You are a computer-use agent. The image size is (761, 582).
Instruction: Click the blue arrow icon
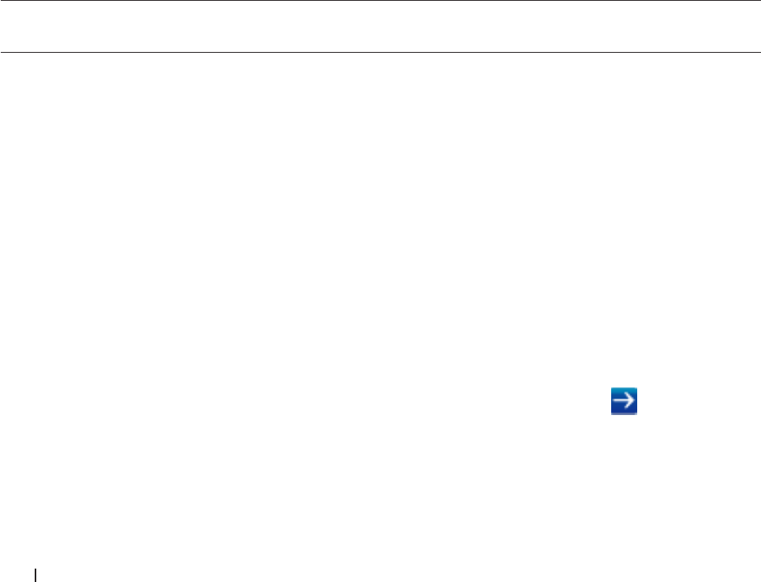pos(623,401)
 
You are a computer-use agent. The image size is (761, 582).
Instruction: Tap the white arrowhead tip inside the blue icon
pos(632,401)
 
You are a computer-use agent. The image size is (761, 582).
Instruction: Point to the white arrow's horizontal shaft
pos(621,401)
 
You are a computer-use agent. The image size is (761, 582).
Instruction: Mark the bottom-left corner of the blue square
pos(610,413)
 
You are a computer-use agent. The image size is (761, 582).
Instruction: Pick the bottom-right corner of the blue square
pos(636,413)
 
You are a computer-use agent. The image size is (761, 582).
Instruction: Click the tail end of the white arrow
pos(614,401)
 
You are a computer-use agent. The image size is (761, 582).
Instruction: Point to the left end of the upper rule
pos(1,1)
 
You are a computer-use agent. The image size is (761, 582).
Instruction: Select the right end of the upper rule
pos(748,1)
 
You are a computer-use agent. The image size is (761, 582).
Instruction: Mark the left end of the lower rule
pos(1,53)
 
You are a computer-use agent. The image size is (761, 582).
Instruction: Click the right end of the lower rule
pos(748,53)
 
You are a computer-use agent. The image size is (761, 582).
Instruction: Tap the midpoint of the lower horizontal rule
pos(375,53)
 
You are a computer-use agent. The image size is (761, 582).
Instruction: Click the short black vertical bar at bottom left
pos(36,573)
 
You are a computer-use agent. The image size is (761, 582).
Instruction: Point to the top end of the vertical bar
pos(36,565)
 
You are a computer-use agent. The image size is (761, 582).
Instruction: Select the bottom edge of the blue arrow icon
pos(623,413)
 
